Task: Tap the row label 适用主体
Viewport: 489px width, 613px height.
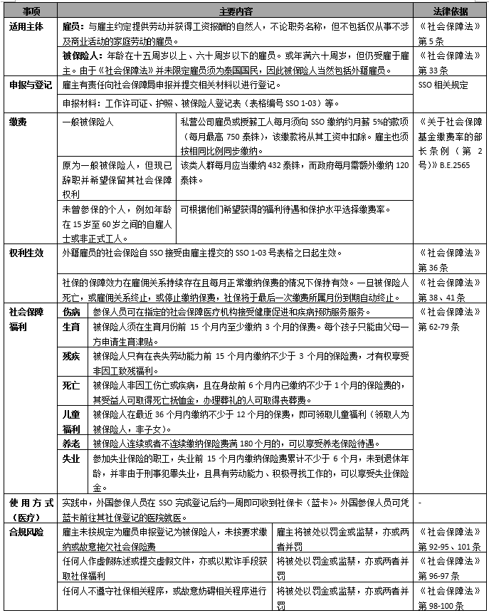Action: pos(27,27)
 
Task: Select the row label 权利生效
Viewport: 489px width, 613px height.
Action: pos(27,253)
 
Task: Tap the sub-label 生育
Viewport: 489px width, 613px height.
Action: pos(72,327)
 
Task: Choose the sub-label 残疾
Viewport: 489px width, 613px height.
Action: pos(72,355)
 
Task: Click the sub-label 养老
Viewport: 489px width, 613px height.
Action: pos(72,443)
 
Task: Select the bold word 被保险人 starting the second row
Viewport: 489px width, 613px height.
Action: pos(80,55)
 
